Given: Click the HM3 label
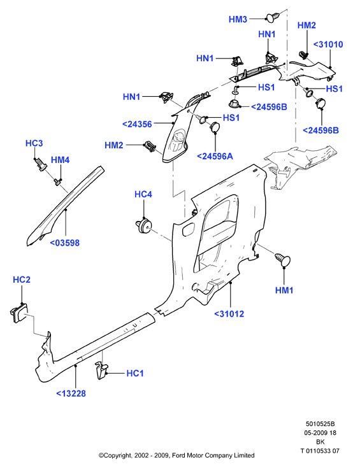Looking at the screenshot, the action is point(238,19).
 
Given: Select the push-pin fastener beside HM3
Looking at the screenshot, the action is point(273,17).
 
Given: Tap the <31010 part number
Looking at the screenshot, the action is point(328,45).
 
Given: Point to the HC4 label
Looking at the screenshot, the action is point(143,194).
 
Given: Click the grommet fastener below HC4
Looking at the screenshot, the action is point(144,225).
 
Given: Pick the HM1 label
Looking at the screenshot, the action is point(284,290).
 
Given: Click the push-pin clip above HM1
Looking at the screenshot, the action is point(283,260).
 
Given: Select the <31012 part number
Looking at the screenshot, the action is point(229,314).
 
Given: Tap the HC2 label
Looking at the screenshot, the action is point(22,280).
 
